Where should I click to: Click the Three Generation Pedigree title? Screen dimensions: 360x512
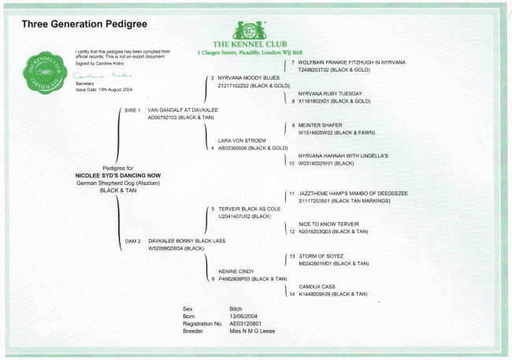coord(77,24)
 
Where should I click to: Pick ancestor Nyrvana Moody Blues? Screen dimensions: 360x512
coord(248,78)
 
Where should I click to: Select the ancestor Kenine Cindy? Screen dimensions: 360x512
coord(236,271)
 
